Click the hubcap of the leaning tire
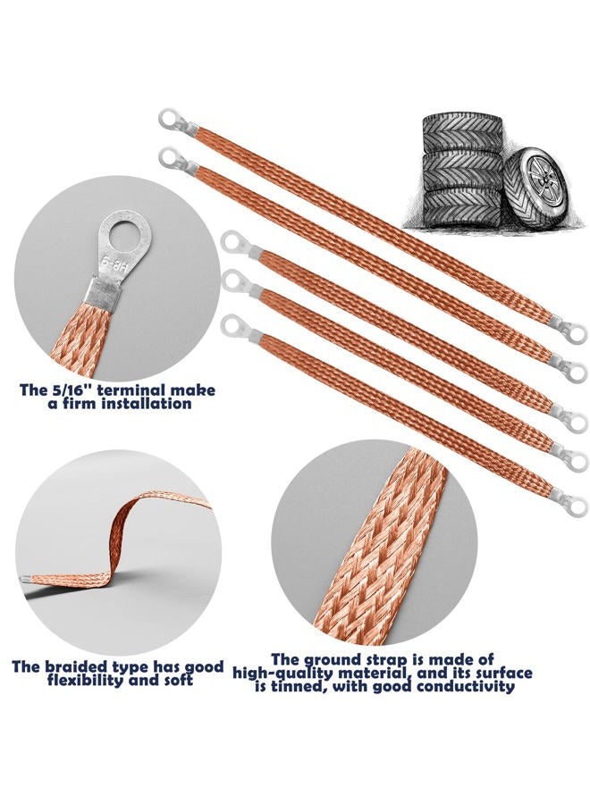pyautogui.click(x=542, y=181)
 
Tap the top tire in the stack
pyautogui.click(x=462, y=133)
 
